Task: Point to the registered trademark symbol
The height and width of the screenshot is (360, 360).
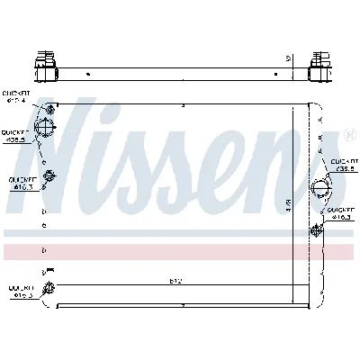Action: [x=349, y=136]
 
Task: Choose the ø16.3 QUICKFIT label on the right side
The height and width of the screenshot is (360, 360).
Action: [x=343, y=213]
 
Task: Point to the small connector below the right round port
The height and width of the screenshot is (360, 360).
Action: [x=315, y=230]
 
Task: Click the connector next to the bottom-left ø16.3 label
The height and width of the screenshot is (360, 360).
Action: [x=49, y=288]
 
